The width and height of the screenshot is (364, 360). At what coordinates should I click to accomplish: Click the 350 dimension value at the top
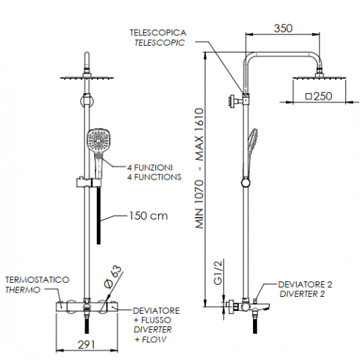click(283, 29)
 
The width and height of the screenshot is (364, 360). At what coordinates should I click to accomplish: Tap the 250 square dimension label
click(318, 97)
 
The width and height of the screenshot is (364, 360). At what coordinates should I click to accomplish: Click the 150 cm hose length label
click(148, 216)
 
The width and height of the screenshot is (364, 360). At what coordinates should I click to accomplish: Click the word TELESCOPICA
click(157, 33)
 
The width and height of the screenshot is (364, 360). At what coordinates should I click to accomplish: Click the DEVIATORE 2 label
click(305, 284)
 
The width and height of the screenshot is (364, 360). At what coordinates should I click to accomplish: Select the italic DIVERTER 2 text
click(302, 293)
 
